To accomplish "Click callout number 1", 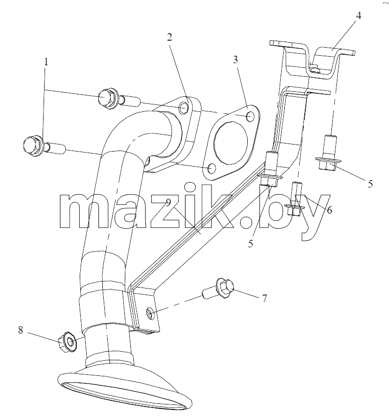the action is pos(46,62).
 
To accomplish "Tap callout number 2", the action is pos(169,37).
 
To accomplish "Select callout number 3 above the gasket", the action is pos(235,60).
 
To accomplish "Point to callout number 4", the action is pos(358,16).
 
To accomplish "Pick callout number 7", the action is pos(265,299).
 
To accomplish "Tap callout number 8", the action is pos(21,331).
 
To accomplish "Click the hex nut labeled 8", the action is pos(68,342).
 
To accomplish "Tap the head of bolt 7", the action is pos(226,288).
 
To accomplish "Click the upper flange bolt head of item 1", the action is pos(108,98).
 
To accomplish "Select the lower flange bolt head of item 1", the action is pos(33,145).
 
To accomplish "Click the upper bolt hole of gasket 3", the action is pos(251,116).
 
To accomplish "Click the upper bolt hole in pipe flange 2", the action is pos(183,107).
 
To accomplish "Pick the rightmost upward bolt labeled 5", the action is pos(328,152).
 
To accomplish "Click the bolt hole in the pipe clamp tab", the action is pos(150,313).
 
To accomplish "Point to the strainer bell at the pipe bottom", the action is pos(124,389).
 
